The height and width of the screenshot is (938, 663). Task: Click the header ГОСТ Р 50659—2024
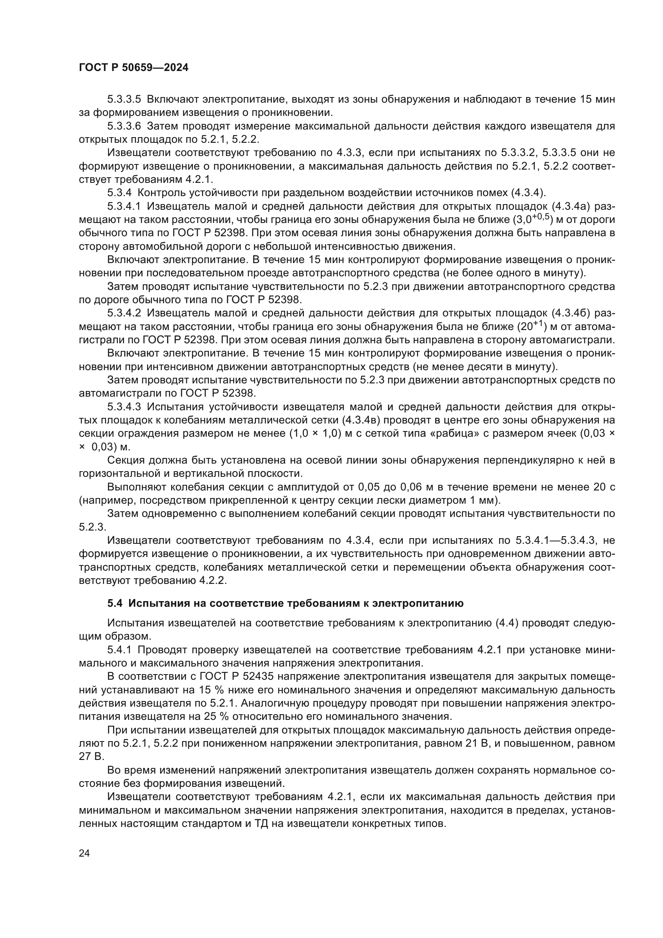(133, 68)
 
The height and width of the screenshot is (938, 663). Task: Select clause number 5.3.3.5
(124, 99)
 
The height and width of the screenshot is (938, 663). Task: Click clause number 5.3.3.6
(124, 126)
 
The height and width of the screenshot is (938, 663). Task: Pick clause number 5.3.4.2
(124, 313)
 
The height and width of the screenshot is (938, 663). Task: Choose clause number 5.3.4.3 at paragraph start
(124, 407)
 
